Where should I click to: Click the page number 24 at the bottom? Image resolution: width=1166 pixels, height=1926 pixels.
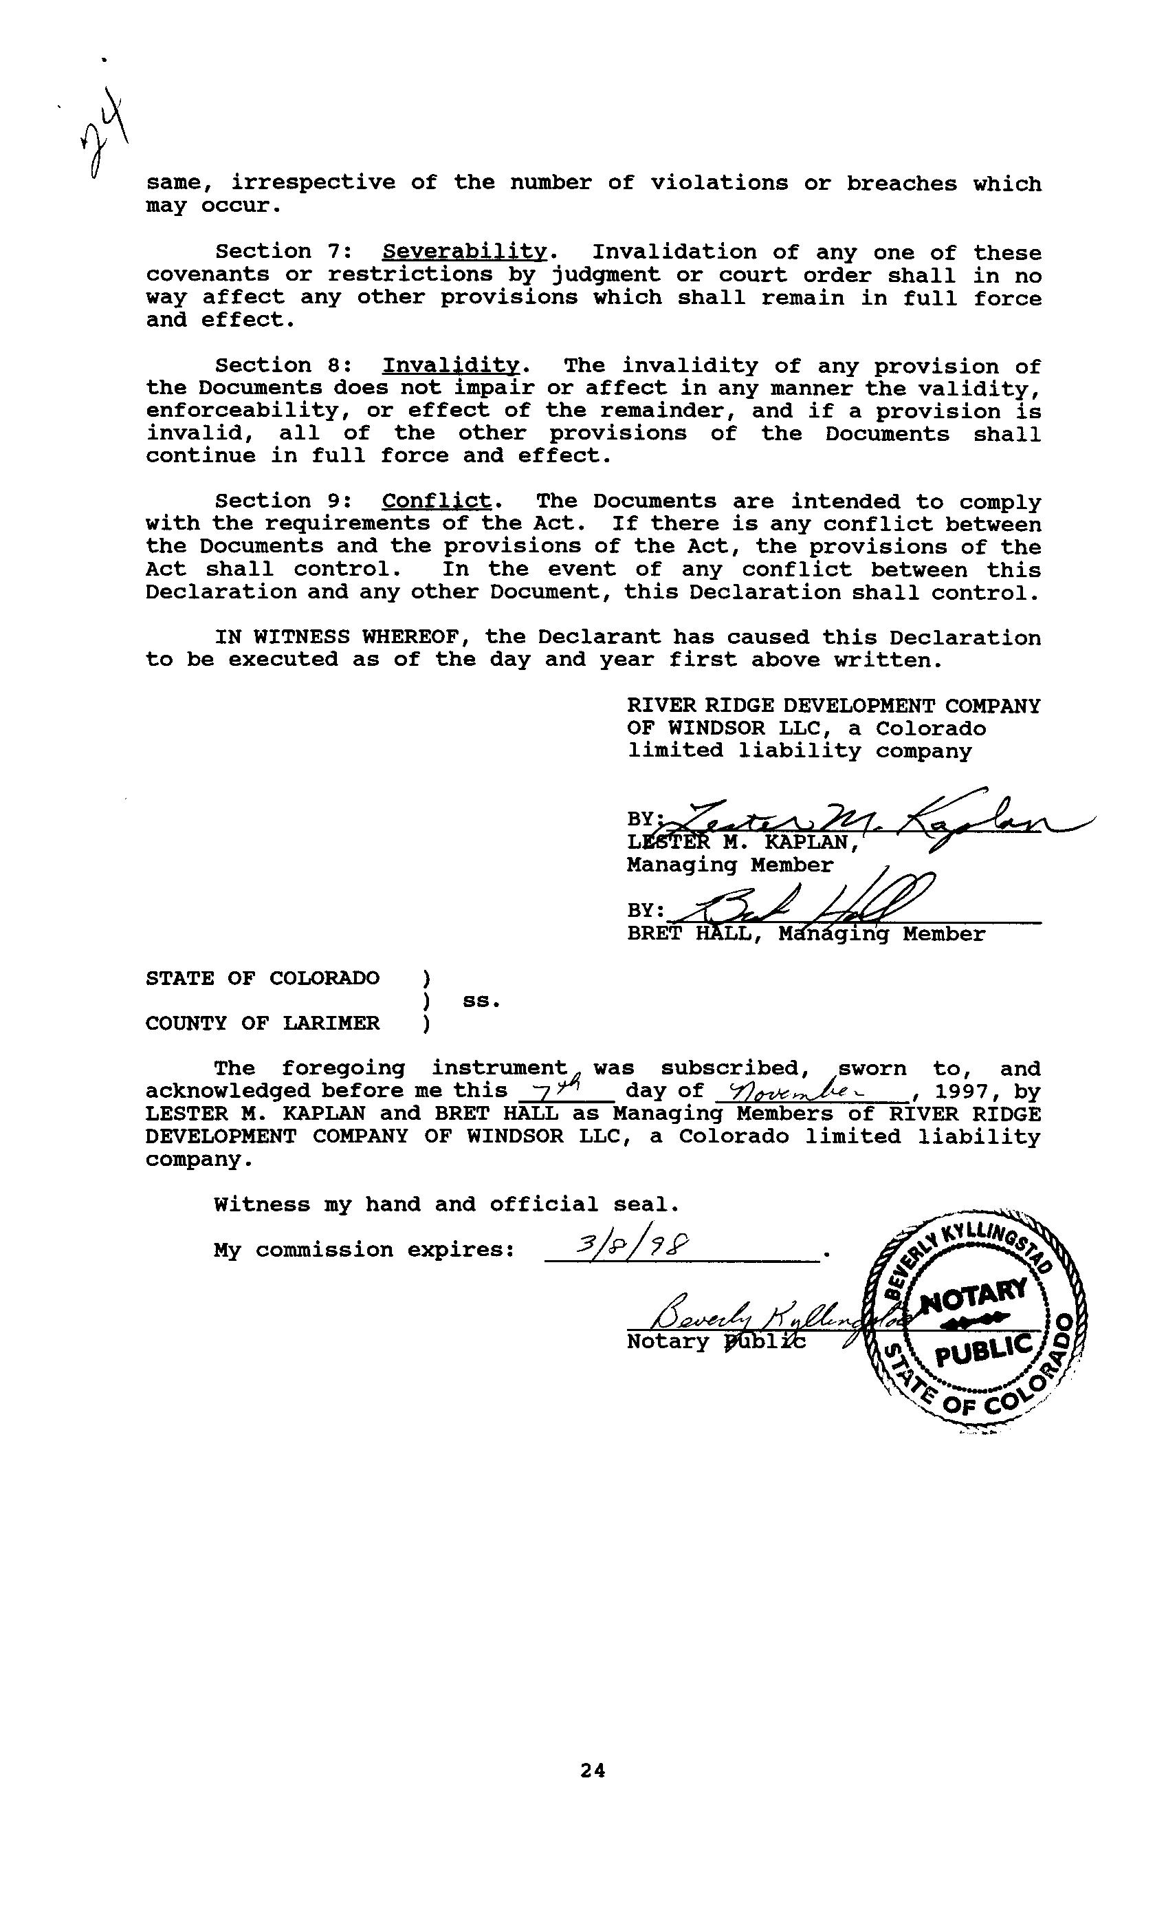(x=593, y=1771)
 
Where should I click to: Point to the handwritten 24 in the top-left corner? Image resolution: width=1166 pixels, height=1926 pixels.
(x=104, y=131)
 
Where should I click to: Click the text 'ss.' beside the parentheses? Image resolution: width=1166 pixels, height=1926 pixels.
(x=481, y=1002)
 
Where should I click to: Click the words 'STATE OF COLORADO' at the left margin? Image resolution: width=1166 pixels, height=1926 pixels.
(x=263, y=979)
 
